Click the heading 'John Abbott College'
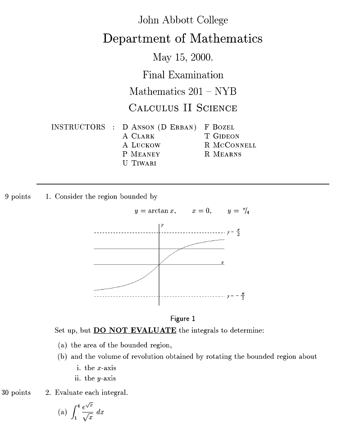(183, 20)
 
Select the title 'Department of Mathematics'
(182, 39)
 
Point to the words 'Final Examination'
(183, 75)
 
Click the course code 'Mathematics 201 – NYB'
(183, 91)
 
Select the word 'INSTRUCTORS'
(78, 127)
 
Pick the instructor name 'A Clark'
(138, 136)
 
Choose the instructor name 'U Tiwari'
(139, 163)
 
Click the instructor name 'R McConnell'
(230, 145)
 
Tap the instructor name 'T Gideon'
(222, 136)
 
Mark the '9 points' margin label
(18, 196)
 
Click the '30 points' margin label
(16, 393)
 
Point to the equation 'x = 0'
(201, 211)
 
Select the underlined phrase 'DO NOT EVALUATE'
(135, 331)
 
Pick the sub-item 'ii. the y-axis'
(95, 378)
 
